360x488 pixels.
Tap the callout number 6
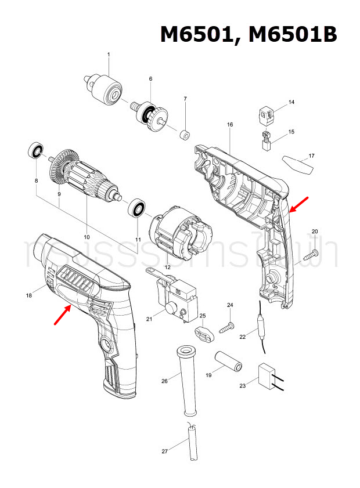[x=150, y=79]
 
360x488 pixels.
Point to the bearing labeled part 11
[x=137, y=207]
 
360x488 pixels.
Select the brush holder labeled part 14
[x=267, y=115]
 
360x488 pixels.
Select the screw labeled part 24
[x=226, y=327]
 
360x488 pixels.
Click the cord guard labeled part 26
[x=186, y=380]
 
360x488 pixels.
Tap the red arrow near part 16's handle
[x=298, y=204]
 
